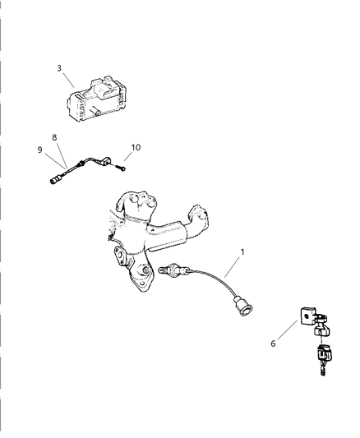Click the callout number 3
[59, 68]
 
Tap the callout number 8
[55, 137]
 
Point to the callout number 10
[136, 147]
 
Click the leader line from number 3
[69, 79]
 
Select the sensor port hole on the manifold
[145, 270]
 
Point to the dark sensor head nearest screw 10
[104, 160]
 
